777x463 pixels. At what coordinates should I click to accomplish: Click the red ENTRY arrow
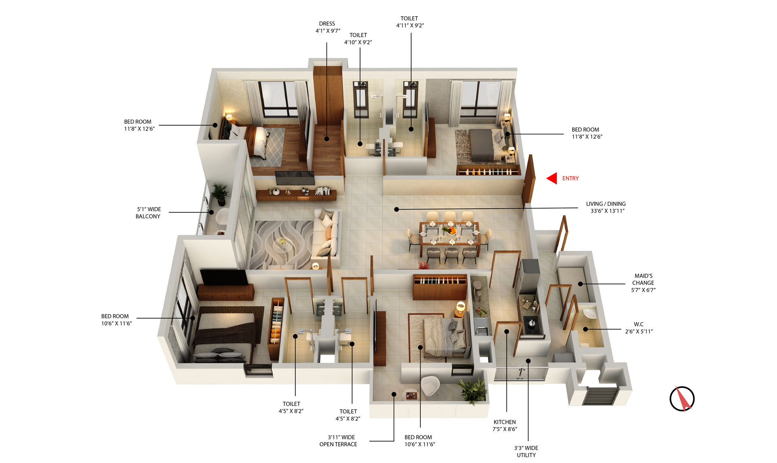coord(552,178)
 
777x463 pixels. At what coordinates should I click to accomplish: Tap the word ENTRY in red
coord(570,178)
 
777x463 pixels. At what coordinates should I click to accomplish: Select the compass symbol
coord(682,399)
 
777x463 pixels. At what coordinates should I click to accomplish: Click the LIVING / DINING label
coord(606,207)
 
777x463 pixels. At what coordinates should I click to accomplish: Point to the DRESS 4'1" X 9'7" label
coord(327,27)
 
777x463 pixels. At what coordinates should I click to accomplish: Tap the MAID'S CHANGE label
coord(643,283)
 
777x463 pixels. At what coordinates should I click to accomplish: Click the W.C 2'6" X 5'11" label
coord(639,328)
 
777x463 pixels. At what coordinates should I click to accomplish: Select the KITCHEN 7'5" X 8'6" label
coord(505,425)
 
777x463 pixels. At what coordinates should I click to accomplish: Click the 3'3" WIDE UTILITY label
coord(526,451)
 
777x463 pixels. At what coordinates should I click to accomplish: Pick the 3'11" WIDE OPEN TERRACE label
coord(338,441)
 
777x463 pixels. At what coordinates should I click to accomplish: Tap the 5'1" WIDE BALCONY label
coord(148,213)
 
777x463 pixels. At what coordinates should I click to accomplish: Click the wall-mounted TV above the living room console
coord(294,178)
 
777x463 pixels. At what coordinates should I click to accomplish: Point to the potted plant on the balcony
coord(220,194)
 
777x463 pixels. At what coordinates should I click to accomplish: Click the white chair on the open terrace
coord(429,386)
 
